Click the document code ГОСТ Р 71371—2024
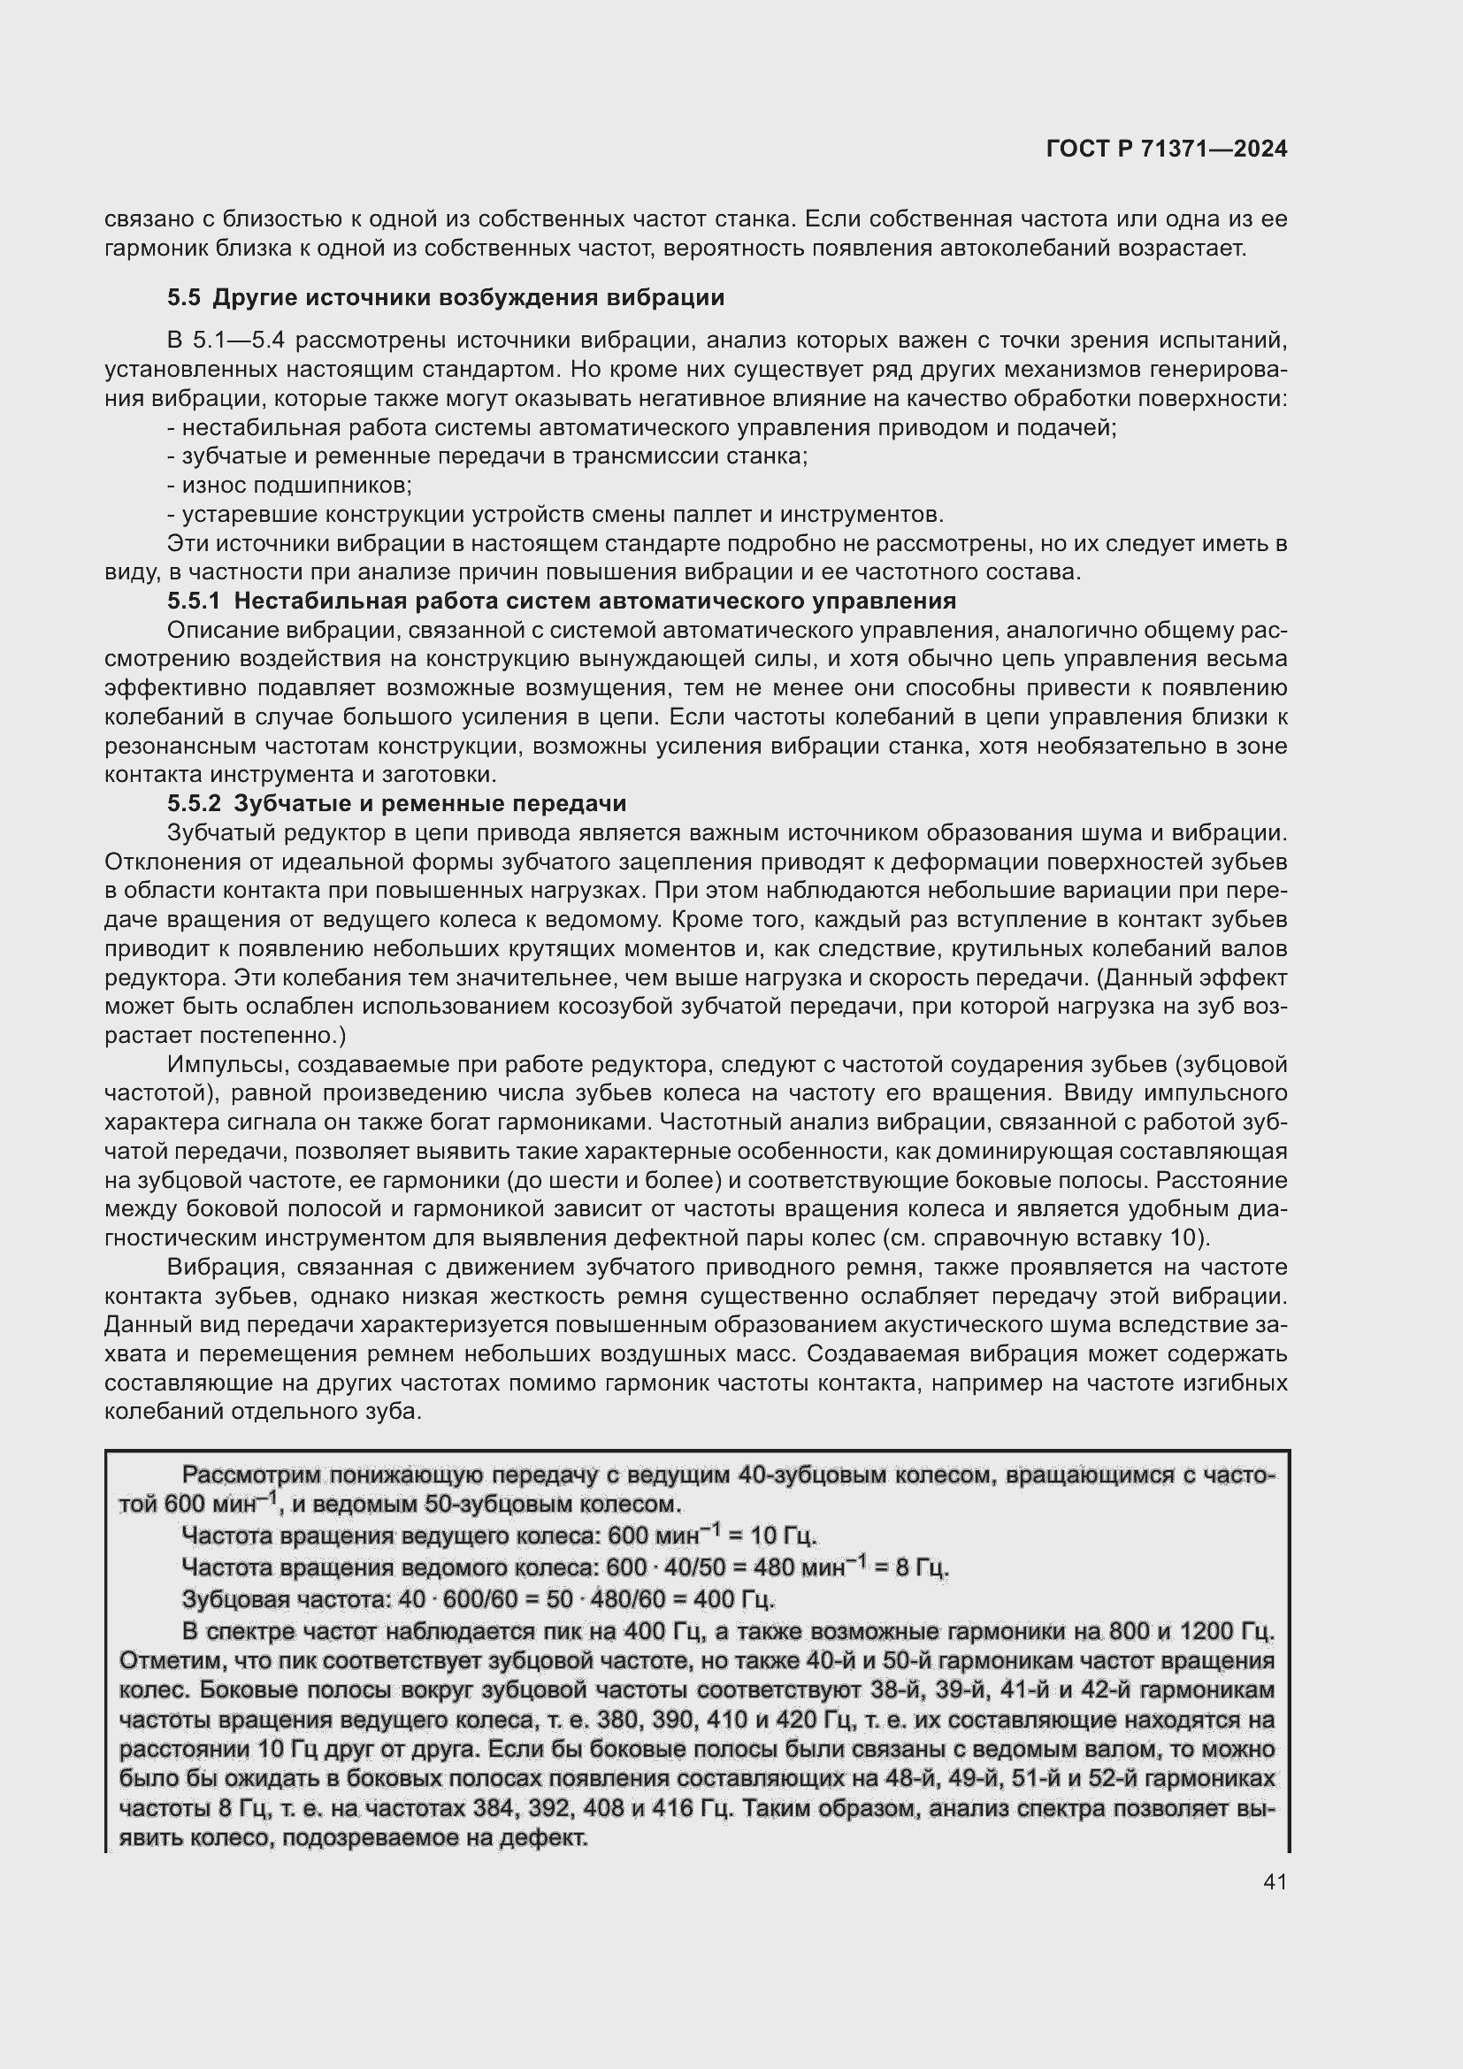[1167, 149]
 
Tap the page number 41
[1275, 1881]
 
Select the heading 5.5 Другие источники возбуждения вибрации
[446, 297]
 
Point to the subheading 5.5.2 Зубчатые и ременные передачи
[396, 803]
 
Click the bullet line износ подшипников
[290, 486]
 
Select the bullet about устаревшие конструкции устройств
[555, 515]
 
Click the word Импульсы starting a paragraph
[227, 1064]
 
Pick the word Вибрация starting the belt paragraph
[226, 1267]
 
